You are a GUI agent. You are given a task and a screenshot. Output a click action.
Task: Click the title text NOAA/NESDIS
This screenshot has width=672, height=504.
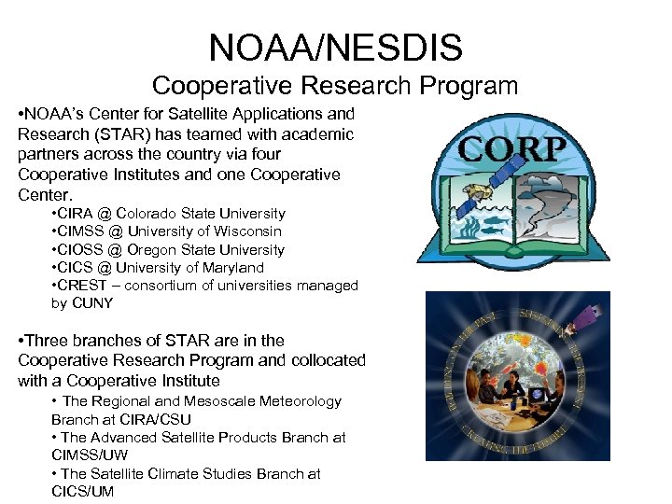[x=335, y=48]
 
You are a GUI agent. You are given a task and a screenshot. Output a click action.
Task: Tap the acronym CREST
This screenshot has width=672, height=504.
[x=84, y=286]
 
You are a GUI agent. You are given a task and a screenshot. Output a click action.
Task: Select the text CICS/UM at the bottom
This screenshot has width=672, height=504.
[x=83, y=491]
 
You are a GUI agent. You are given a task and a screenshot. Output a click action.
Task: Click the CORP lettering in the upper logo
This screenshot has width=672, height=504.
[x=511, y=149]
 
